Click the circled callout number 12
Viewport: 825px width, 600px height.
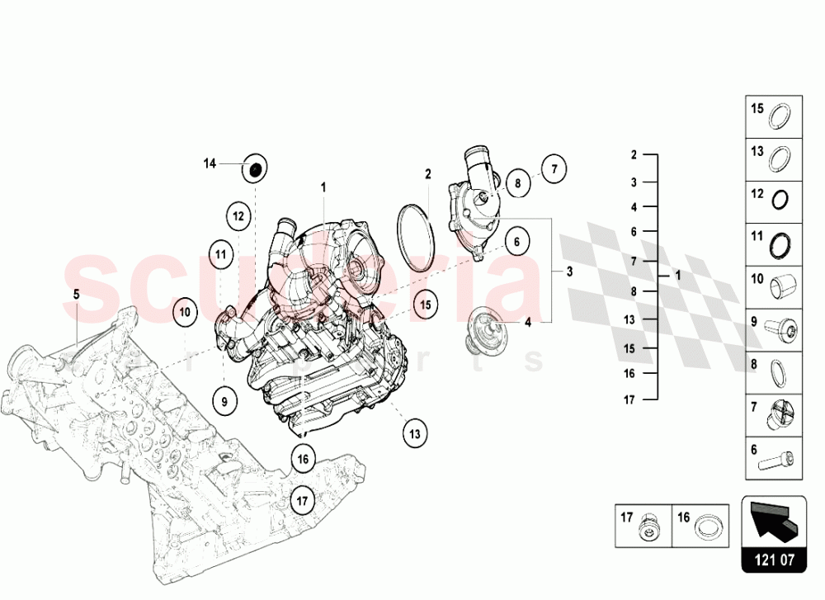(238, 216)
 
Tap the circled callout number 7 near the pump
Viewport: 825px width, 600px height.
(554, 169)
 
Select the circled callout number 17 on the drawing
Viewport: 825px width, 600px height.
(303, 499)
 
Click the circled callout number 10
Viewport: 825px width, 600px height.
(186, 312)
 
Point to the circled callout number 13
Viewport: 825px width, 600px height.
(415, 432)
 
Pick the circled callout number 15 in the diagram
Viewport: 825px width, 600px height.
(425, 304)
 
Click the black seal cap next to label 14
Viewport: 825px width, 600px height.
(256, 170)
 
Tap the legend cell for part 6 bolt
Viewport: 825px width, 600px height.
(775, 457)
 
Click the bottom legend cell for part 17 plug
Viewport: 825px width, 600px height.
(643, 524)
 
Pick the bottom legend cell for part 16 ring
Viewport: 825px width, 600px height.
(700, 524)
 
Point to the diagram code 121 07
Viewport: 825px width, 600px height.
(774, 560)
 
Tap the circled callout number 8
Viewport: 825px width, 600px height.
(517, 182)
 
